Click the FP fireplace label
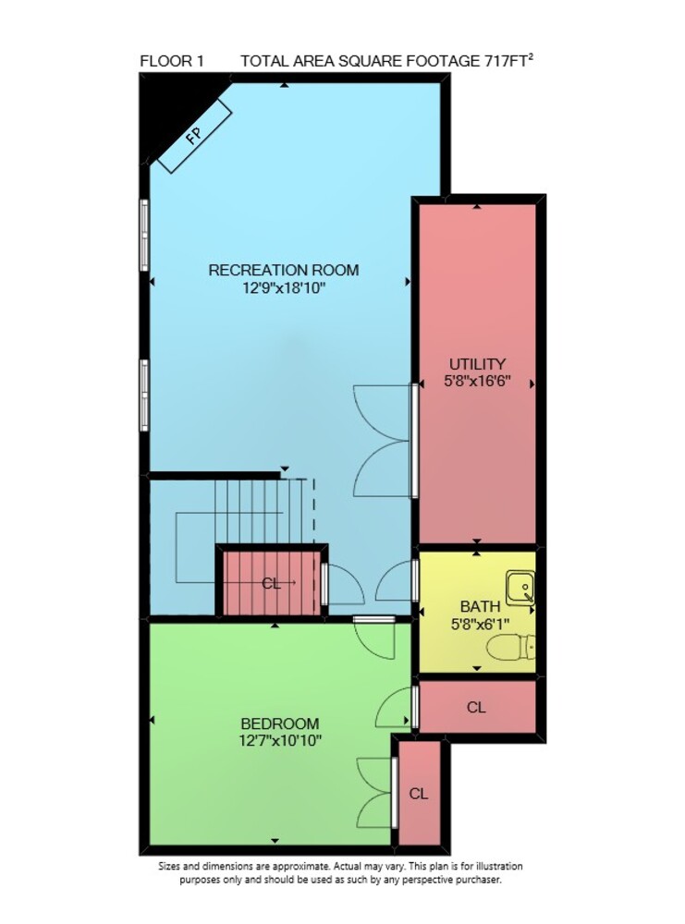194,136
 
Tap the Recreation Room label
284,270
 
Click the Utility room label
478,363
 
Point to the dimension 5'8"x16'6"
477,381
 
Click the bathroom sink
520,587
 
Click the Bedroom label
280,723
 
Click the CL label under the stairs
271,583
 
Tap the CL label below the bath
476,707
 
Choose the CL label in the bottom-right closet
419,794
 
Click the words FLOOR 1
172,61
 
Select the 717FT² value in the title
509,60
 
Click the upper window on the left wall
144,235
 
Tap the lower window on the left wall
144,395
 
